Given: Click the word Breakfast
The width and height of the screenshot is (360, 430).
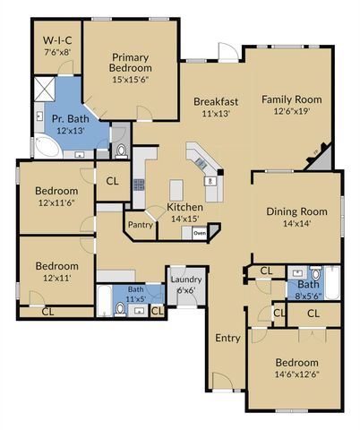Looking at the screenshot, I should click(216, 101).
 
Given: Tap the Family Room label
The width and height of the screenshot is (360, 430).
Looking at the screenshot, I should click(291, 99).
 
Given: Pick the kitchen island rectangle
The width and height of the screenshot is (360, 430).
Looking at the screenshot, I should click(177, 189).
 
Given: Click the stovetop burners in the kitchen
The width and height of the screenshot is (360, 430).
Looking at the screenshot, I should click(139, 185).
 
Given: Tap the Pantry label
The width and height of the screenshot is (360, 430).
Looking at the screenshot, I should click(139, 225).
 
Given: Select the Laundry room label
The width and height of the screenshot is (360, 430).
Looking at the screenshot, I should click(185, 279).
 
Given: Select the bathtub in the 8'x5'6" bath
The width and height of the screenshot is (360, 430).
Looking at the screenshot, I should click(332, 286).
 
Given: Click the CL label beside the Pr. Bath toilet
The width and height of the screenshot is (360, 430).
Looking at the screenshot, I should click(112, 181).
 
